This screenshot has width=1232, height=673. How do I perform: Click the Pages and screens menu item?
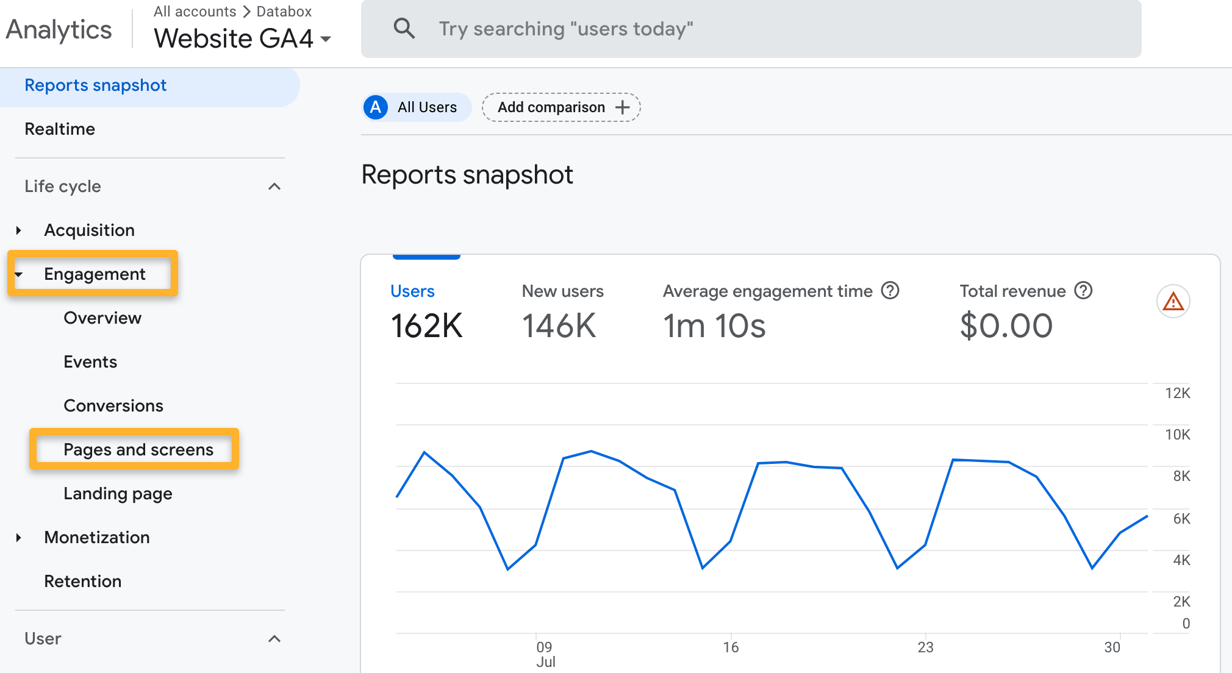(x=138, y=449)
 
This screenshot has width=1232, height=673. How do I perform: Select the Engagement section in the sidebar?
(x=95, y=274)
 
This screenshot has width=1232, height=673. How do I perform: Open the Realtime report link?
(x=60, y=129)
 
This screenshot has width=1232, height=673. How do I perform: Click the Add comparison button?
(x=561, y=107)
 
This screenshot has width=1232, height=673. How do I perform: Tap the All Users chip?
(x=417, y=107)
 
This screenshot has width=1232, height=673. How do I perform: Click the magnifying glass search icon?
(x=404, y=29)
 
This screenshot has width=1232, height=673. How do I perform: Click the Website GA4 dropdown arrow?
(x=326, y=39)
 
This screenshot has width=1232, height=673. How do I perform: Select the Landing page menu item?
(x=118, y=493)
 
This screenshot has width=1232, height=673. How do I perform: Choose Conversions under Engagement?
(x=113, y=405)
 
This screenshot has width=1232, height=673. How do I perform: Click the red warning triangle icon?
(x=1173, y=302)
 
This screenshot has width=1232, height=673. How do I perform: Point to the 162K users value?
(x=426, y=326)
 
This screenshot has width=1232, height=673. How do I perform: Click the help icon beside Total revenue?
(x=1083, y=291)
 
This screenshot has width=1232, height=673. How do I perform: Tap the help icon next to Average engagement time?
(x=890, y=291)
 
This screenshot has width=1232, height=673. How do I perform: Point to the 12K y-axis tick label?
(x=1177, y=393)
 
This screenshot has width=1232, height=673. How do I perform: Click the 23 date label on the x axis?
(x=925, y=647)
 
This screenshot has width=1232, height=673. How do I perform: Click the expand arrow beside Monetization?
(x=19, y=537)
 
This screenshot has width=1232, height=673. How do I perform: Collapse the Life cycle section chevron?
(x=274, y=187)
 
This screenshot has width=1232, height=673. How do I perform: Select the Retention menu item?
(x=83, y=581)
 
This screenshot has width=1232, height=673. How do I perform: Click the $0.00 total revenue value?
(x=1006, y=326)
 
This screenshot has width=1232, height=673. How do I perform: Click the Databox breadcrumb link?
(x=284, y=12)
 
